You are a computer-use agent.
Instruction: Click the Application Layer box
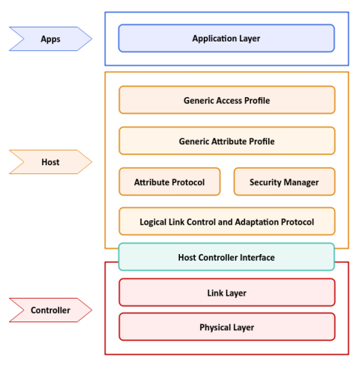pos(226,38)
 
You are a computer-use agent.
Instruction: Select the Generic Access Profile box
pos(226,100)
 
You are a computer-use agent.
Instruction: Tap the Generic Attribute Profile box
pos(226,141)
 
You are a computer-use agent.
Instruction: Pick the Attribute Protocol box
pos(170,182)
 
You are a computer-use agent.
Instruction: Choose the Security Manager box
pos(284,182)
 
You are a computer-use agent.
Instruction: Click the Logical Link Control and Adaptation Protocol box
pos(226,222)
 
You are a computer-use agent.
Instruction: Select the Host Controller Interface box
pos(226,257)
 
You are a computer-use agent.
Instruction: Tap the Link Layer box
pos(226,293)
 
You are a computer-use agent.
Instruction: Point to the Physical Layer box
pos(226,327)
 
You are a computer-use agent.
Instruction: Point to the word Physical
pos(215,327)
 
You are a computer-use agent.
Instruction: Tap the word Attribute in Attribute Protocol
pos(153,182)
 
